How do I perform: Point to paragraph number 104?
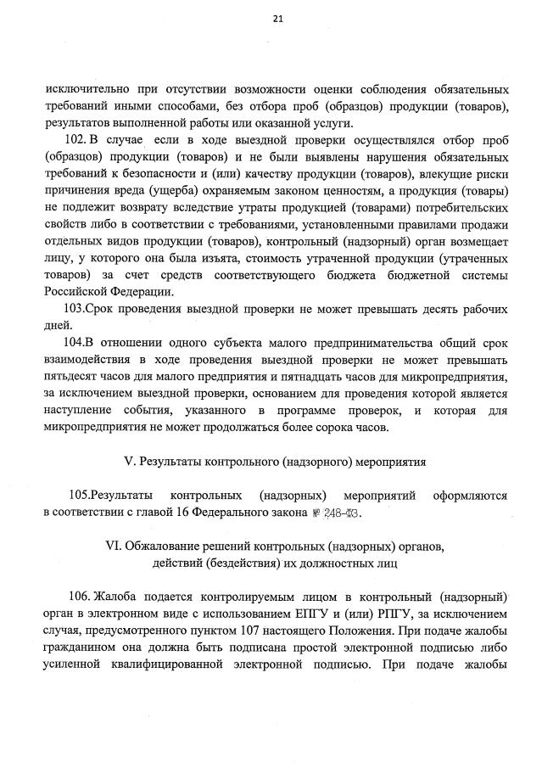(76, 342)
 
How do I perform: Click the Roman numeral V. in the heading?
(130, 462)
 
